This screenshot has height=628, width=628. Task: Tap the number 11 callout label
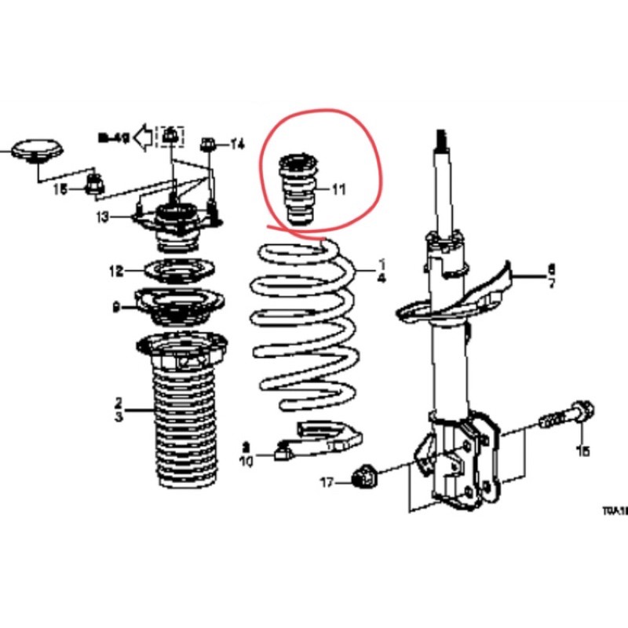338,189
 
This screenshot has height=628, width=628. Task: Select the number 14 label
238,144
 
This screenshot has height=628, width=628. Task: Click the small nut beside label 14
209,144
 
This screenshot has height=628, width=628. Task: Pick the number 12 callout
116,272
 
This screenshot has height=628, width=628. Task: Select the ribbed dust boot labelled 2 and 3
180,424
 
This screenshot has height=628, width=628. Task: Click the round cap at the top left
37,152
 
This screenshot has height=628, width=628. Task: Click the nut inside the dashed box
170,138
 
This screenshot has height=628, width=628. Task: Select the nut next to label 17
365,476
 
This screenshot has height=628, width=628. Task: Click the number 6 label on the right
551,268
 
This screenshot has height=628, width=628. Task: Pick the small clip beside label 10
283,451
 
